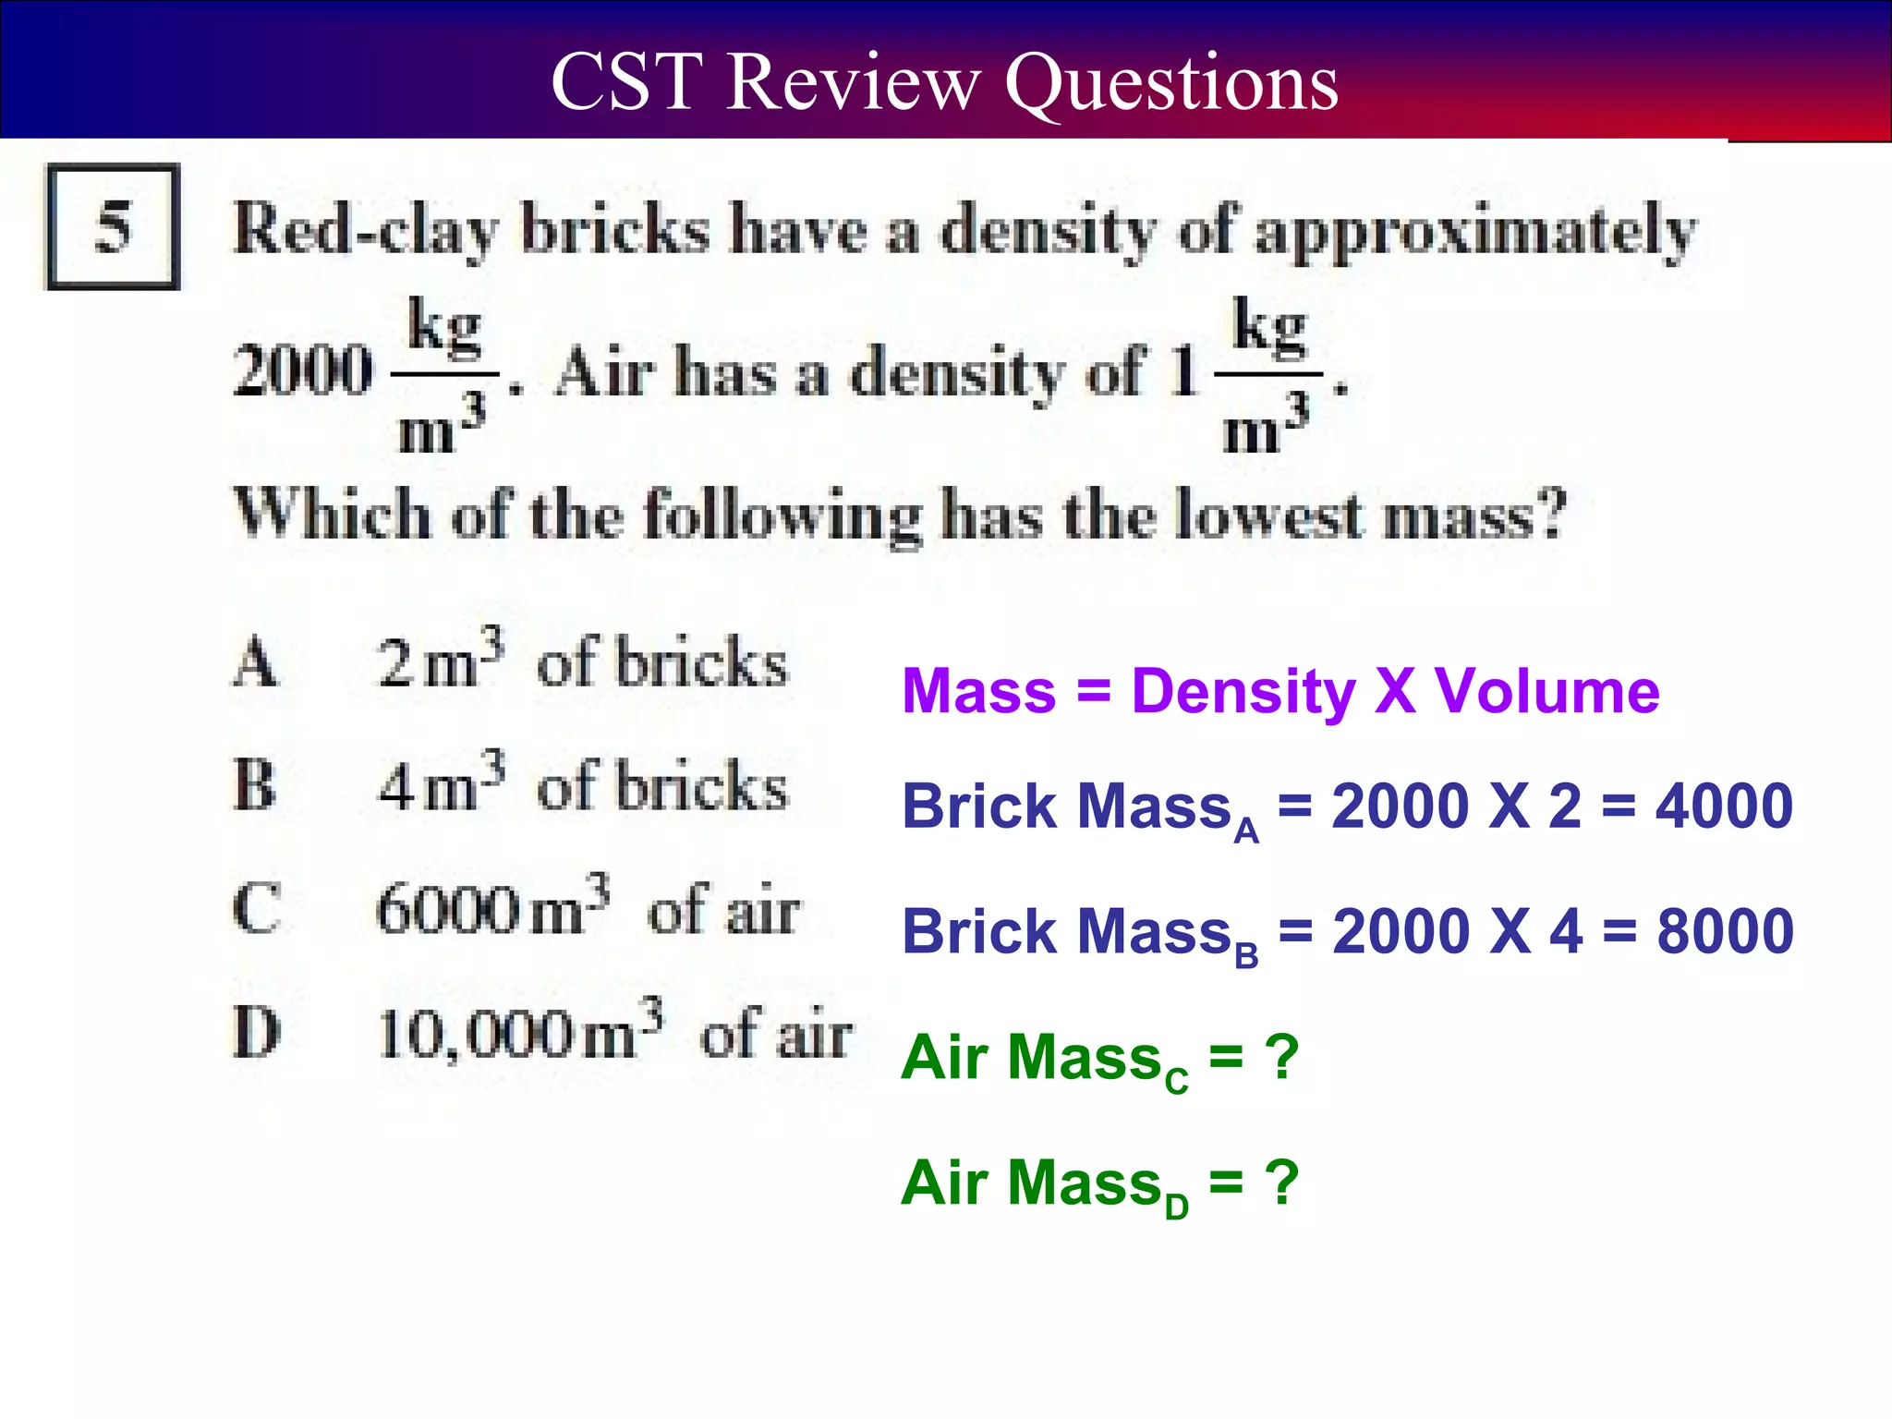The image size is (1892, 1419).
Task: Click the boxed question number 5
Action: tap(113, 226)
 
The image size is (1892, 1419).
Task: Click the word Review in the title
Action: tap(852, 82)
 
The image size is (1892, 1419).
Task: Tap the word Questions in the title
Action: tap(1170, 84)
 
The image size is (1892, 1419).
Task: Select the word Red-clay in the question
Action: tap(366, 230)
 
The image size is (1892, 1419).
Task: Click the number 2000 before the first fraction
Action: tap(303, 370)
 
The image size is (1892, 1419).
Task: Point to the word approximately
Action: tap(1475, 232)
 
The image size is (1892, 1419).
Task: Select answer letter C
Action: tap(256, 909)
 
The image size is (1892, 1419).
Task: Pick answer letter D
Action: tap(256, 1032)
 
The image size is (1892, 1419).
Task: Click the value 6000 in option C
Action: tap(449, 910)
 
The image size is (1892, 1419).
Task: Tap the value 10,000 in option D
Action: tap(476, 1034)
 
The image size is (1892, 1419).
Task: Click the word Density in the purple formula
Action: tap(1243, 692)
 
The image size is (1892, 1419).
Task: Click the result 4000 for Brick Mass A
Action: tap(1724, 807)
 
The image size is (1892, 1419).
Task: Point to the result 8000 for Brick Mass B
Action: tap(1725, 931)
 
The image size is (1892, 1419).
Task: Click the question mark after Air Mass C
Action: tap(1283, 1057)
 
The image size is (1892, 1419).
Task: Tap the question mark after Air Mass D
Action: tap(1283, 1182)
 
